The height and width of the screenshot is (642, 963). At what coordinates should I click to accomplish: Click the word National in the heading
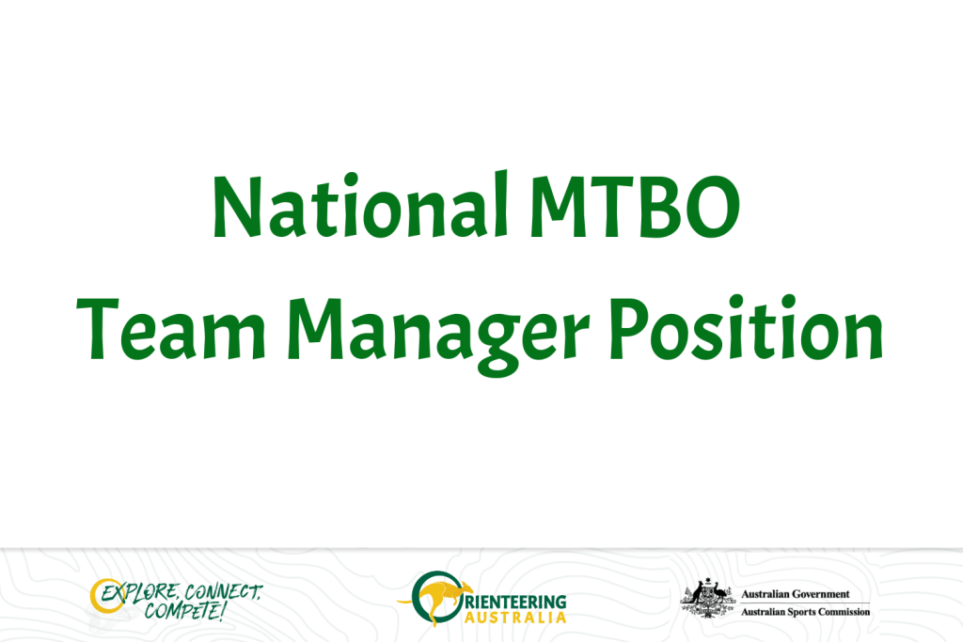point(360,205)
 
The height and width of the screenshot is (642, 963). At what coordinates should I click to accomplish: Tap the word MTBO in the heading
point(635,207)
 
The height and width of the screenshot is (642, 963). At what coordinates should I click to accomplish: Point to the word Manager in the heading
point(438,336)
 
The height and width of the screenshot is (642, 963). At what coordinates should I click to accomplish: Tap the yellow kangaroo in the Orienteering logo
point(434,599)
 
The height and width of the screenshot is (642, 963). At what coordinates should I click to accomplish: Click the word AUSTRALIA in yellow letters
point(514,618)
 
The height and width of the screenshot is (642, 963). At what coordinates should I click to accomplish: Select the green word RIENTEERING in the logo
point(516,602)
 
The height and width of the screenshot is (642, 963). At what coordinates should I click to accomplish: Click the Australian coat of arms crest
point(708,599)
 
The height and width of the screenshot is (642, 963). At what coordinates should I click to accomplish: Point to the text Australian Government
point(796,594)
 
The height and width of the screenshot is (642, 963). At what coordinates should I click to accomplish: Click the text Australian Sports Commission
point(806,612)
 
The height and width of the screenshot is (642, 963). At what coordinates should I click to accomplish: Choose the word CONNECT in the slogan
point(224,591)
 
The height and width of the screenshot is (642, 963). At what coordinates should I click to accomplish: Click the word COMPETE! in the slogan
point(183,611)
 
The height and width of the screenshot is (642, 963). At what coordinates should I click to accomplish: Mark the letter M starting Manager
point(316,329)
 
